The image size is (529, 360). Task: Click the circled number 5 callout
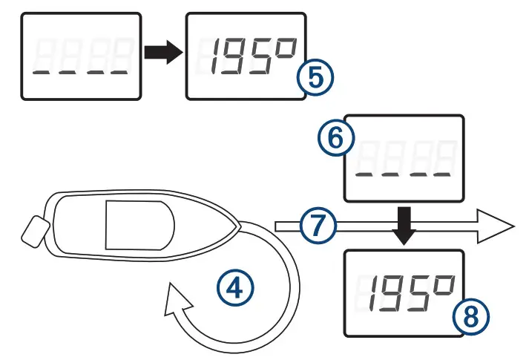pos(315,78)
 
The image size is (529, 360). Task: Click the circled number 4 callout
pos(235,285)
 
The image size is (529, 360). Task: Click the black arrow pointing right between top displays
pos(161,52)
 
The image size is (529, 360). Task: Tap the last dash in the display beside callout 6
pos(441,176)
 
